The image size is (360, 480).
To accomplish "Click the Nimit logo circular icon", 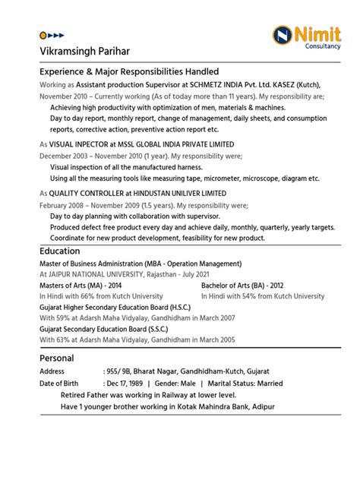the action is coord(283,35).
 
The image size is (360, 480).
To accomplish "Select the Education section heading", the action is coord(60,251).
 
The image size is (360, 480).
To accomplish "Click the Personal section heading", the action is coord(56,358).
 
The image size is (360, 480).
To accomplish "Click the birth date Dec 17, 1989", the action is coord(128,384).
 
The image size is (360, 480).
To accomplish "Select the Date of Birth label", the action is coord(59,384).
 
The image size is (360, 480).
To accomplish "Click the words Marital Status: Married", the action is coord(244,384).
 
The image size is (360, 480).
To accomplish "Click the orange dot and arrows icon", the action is coord(52,35).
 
